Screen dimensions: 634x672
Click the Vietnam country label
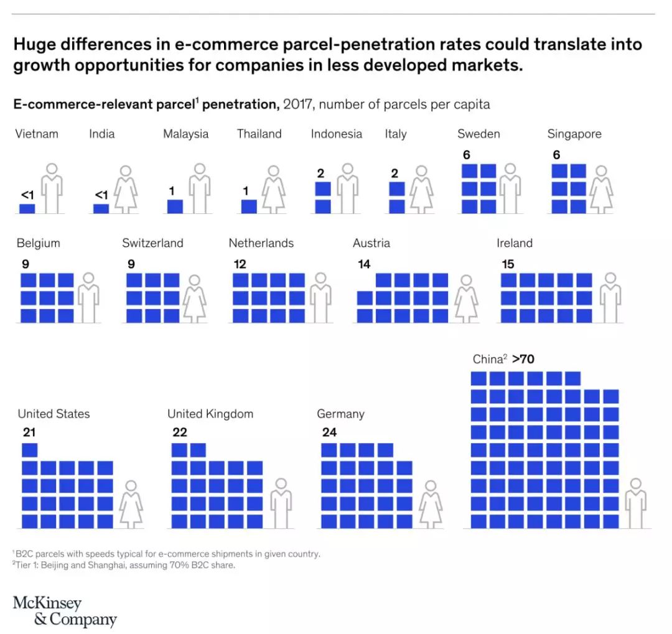[x=37, y=134]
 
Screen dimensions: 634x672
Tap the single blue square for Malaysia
[x=175, y=207]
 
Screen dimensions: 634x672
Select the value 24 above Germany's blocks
[x=330, y=432]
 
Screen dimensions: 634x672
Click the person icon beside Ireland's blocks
[x=611, y=297]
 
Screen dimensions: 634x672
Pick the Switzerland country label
[x=152, y=243]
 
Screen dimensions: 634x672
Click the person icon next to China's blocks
[x=636, y=503]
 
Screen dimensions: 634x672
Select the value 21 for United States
[x=29, y=432]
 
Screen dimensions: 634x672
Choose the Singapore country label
[x=574, y=134]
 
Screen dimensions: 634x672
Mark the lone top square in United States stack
[x=30, y=450]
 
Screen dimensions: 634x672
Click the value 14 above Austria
[x=364, y=264]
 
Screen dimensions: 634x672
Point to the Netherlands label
[x=261, y=243]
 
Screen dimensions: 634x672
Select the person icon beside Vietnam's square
[x=51, y=189]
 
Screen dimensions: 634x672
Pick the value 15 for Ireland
[x=508, y=264]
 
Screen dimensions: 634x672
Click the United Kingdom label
[x=210, y=414]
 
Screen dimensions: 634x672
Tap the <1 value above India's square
[x=101, y=195]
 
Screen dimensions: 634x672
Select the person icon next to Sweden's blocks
[x=511, y=189]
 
